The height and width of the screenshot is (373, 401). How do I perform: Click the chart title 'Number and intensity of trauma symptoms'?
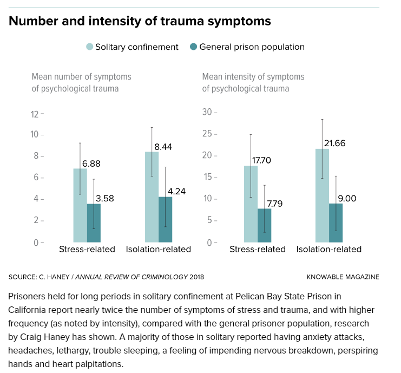click(140, 22)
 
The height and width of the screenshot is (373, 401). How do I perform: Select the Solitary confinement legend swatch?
click(89, 47)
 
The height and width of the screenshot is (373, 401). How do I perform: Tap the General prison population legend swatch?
click(193, 47)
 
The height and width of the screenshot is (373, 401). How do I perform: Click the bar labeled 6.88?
click(80, 205)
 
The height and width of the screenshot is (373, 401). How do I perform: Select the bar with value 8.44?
click(152, 197)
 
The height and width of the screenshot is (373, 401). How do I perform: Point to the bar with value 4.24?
click(165, 219)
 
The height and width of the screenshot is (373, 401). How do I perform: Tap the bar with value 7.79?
click(264, 225)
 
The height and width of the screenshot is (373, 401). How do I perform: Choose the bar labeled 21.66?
click(322, 195)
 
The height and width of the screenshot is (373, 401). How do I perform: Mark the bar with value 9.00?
click(336, 223)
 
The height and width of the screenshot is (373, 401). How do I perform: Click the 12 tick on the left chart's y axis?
click(36, 114)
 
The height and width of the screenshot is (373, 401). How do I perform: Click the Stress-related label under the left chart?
click(87, 250)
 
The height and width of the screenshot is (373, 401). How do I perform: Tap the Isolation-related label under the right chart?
click(329, 250)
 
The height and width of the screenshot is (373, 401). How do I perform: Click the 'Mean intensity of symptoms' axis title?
click(253, 77)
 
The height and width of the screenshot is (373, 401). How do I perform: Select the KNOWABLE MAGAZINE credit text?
click(343, 277)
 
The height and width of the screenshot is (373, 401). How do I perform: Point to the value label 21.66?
click(334, 143)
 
